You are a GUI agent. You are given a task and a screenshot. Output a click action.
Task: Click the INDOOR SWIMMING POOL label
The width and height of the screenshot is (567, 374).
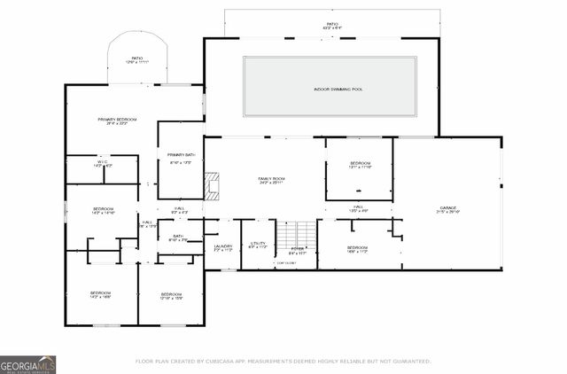330,90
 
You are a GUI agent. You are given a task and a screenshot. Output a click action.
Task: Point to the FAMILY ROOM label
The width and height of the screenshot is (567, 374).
270,180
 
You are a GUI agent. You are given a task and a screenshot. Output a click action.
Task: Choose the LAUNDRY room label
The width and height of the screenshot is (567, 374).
223,247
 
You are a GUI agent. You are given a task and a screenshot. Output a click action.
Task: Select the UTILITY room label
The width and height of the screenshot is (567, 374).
258,244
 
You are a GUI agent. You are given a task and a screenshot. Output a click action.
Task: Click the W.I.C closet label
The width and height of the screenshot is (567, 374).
102,164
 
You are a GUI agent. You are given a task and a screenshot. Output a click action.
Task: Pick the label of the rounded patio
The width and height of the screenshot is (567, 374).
137,59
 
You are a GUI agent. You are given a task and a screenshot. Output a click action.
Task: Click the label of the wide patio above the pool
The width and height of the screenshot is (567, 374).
332,26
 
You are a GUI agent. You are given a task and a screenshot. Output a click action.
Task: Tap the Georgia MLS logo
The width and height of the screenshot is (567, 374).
27,364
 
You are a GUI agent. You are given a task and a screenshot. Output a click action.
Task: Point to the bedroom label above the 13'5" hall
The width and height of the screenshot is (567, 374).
359,165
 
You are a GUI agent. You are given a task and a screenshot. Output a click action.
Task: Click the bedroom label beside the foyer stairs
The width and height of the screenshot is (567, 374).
357,248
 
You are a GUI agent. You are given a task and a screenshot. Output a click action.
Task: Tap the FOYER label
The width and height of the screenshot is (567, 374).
298,250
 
